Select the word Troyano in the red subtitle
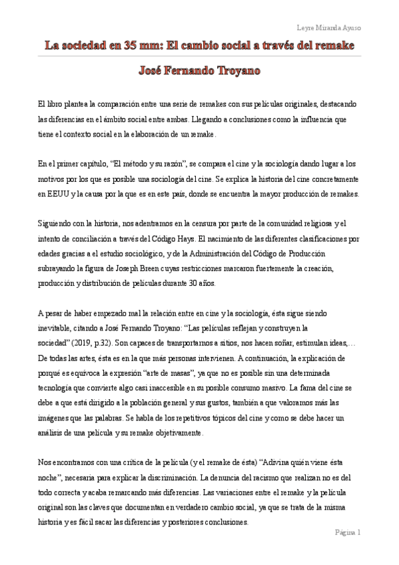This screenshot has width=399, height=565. click(236, 70)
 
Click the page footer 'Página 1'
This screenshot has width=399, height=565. click(347, 533)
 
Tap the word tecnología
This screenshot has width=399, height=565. click(57, 386)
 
